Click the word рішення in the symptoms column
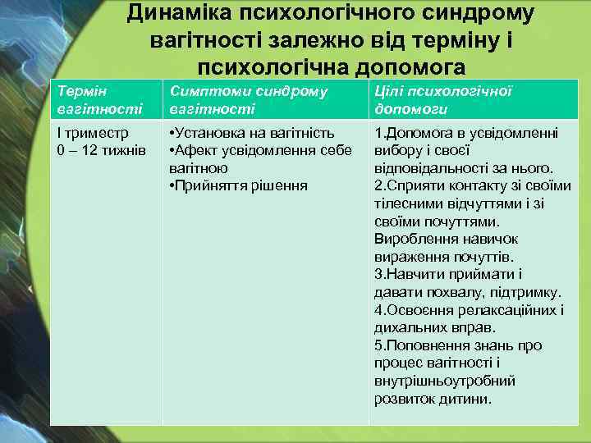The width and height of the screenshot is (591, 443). pyautogui.click(x=278, y=185)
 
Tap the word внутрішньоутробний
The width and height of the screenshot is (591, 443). pyautogui.click(x=444, y=381)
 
